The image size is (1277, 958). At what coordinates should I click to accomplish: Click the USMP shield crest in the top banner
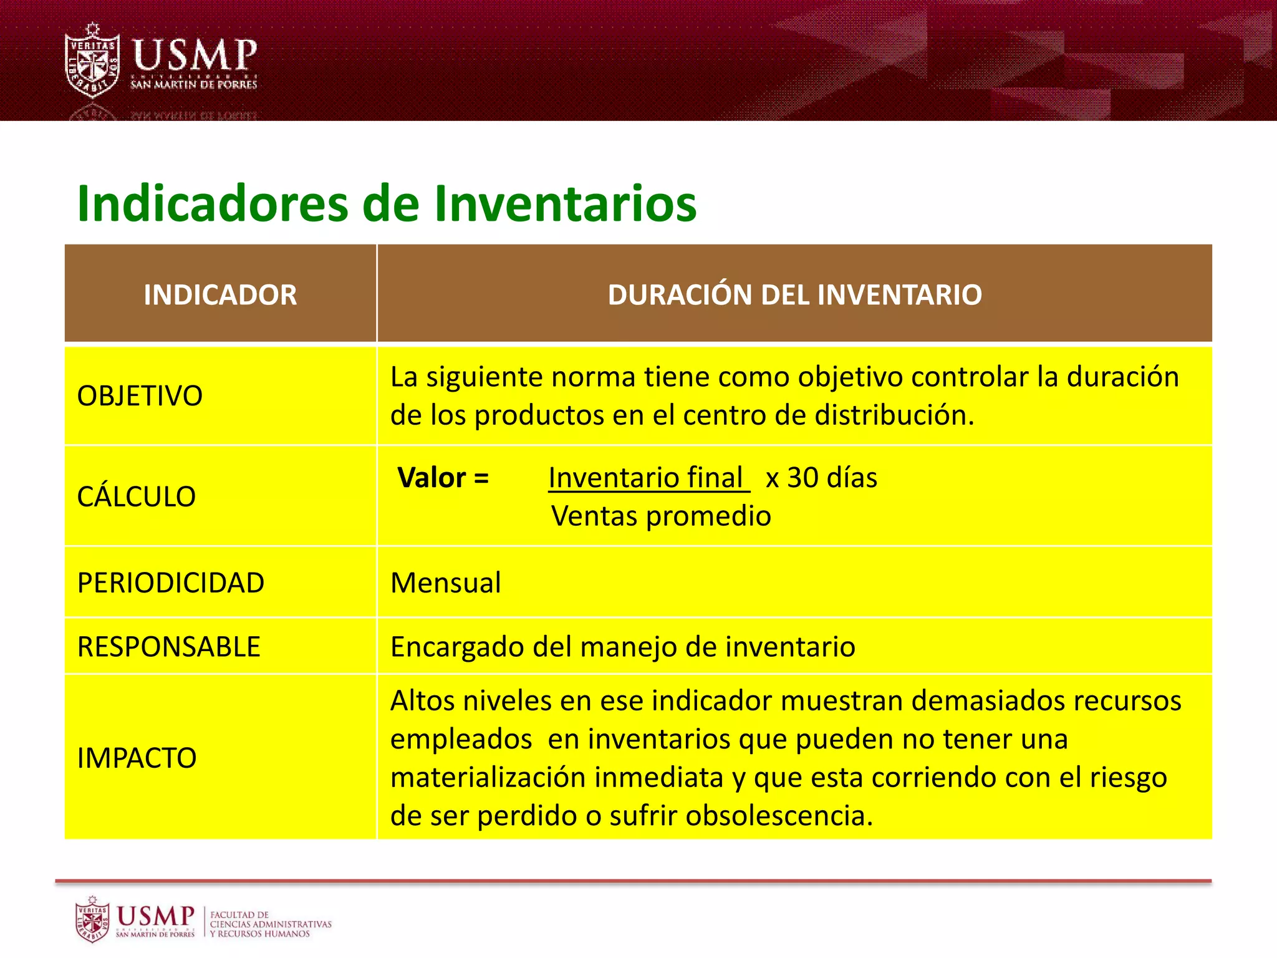(92, 61)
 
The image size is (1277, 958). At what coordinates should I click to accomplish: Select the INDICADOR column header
(220, 294)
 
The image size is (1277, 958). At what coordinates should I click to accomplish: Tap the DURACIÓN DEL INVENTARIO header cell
(794, 294)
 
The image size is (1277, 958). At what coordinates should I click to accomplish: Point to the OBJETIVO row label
(140, 396)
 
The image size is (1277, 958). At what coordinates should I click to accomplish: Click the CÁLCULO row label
(137, 496)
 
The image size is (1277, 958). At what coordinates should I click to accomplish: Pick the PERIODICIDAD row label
(171, 583)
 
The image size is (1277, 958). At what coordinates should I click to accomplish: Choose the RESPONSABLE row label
(168, 647)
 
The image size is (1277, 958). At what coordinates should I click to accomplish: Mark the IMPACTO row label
(137, 758)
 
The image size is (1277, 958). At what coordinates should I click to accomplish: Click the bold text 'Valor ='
(443, 478)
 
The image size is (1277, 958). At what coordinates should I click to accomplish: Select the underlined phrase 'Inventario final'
(646, 478)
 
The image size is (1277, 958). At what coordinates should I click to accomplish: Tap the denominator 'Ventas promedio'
(661, 516)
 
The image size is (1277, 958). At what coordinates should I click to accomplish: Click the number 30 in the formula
(802, 478)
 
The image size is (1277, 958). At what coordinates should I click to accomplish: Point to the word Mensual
(445, 583)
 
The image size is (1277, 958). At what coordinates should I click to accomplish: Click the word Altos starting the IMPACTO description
(422, 700)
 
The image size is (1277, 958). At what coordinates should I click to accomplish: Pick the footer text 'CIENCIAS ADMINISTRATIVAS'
(271, 924)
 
